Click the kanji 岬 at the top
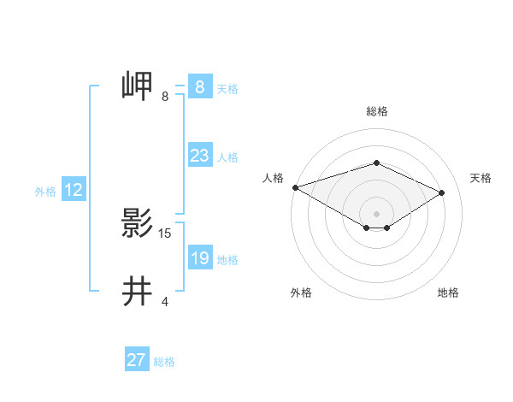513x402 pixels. [x=138, y=87]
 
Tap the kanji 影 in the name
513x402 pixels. [x=138, y=224]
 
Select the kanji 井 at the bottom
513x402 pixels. [x=138, y=293]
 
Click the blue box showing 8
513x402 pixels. [x=199, y=87]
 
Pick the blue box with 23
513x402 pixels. [x=199, y=156]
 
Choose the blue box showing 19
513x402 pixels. [x=199, y=258]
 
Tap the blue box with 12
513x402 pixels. [x=73, y=190]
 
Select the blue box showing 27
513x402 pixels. [x=136, y=360]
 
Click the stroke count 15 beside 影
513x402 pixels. [x=165, y=233]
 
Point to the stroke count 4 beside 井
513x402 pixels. [x=165, y=301]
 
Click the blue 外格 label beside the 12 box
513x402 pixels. [x=45, y=192]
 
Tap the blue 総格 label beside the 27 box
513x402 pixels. [x=164, y=362]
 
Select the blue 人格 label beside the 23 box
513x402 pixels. [x=227, y=157]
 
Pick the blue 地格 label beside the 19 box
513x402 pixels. [x=227, y=260]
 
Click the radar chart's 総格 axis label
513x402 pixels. [x=376, y=111]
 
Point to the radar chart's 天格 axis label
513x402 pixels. [x=481, y=178]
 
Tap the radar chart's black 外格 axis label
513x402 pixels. [x=301, y=293]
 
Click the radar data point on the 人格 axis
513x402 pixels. [x=295, y=187]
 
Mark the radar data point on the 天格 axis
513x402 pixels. [x=442, y=192]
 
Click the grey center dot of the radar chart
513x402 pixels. [x=376, y=212]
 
